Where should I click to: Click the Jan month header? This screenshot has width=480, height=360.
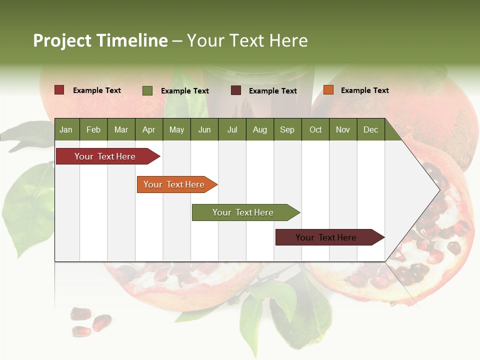tap(66, 129)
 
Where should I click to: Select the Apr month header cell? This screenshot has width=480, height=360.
tap(148, 129)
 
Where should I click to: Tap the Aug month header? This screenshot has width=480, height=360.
tap(259, 129)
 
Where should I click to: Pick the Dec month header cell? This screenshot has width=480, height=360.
tap(370, 129)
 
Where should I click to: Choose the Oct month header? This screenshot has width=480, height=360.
tap(315, 129)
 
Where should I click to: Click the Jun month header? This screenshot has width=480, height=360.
tap(204, 129)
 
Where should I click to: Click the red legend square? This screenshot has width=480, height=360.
tap(59, 90)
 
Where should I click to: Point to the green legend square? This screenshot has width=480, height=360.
tap(147, 90)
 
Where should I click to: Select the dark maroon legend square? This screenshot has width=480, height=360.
tap(235, 90)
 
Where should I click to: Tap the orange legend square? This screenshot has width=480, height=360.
tap(328, 90)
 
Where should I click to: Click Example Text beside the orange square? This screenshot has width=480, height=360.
tap(364, 90)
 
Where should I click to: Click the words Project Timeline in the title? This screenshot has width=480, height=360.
tap(100, 40)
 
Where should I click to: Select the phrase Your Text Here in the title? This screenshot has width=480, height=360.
tap(247, 40)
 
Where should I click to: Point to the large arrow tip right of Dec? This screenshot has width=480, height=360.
tap(420, 190)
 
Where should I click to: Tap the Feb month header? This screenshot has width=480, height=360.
tap(93, 129)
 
